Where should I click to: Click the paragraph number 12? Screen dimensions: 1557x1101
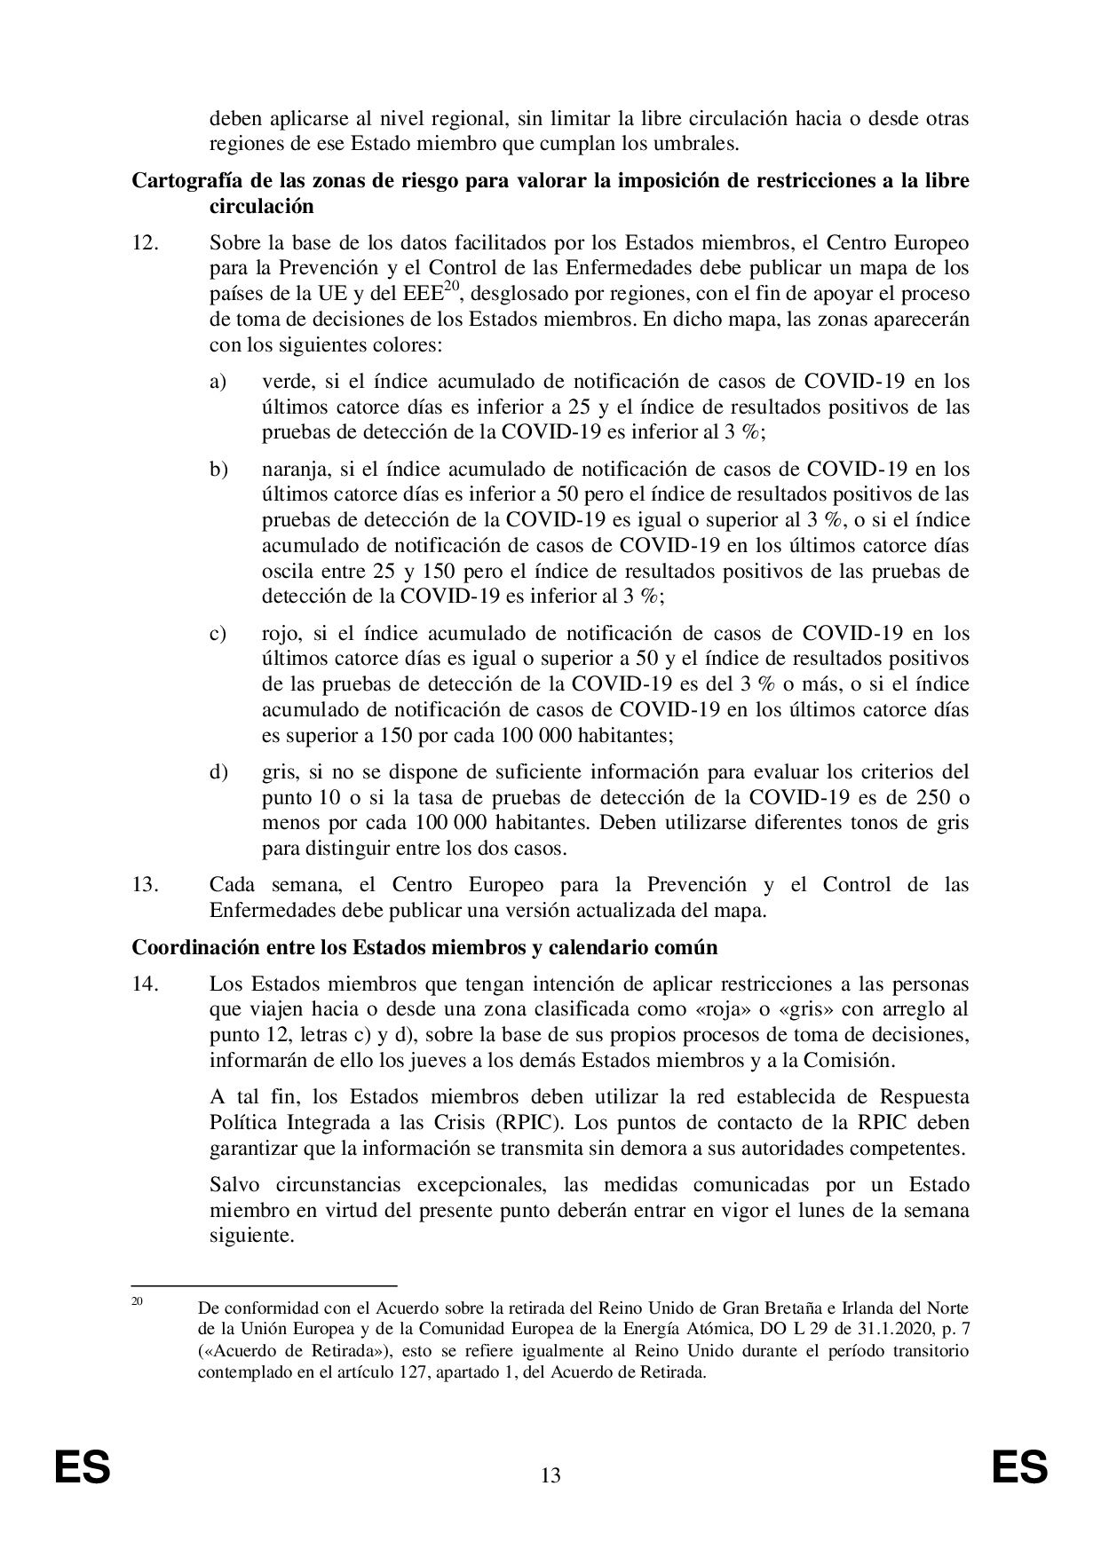(146, 242)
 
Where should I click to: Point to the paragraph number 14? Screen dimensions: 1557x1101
(146, 984)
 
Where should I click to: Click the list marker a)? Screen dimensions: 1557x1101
(218, 382)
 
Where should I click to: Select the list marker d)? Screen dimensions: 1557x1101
(218, 771)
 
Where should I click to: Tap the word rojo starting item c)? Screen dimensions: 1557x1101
(281, 634)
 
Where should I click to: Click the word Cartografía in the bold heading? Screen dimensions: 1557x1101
(182, 181)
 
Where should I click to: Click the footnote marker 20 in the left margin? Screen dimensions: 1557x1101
(138, 1302)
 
